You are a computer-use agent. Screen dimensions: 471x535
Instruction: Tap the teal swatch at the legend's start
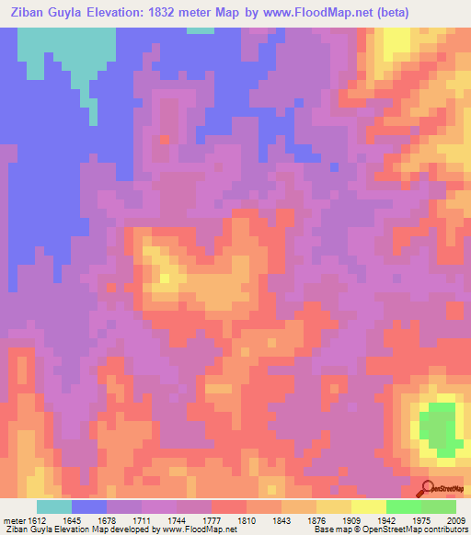click(x=54, y=507)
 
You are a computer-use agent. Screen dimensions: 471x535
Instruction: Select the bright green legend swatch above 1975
click(x=404, y=507)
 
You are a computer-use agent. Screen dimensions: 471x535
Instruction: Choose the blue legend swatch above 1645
click(x=89, y=507)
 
